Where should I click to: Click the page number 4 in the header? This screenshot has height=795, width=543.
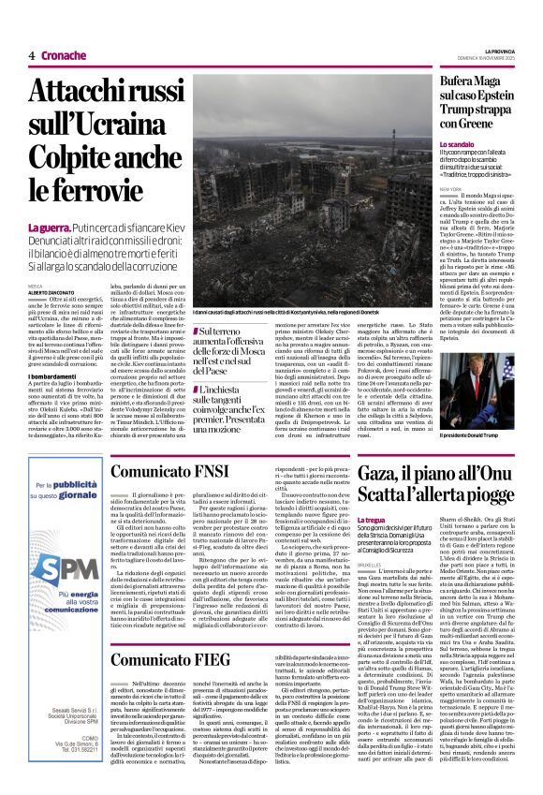32,55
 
